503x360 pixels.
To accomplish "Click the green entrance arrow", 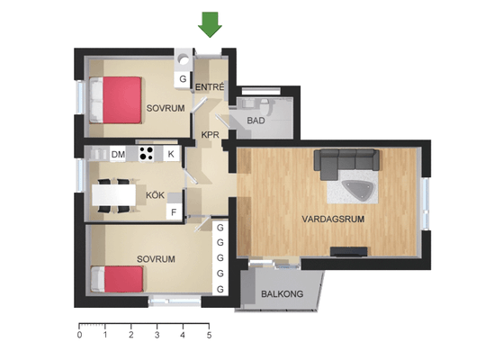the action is click(x=210, y=24).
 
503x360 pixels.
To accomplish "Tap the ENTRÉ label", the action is click(x=210, y=87).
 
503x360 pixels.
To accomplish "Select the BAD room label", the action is click(x=256, y=121).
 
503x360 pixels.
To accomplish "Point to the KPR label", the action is click(x=211, y=135).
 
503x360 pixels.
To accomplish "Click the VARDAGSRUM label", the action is click(x=333, y=219).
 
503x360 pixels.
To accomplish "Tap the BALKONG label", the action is click(x=282, y=294).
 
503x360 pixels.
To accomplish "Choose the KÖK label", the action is click(x=156, y=195).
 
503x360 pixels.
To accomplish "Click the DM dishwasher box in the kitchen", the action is click(x=118, y=154).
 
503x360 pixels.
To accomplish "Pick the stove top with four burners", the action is click(x=147, y=153).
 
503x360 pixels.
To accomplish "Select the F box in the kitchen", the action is click(x=174, y=212).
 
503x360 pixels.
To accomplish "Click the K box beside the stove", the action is click(x=171, y=154).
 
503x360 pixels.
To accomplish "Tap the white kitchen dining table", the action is click(x=114, y=195).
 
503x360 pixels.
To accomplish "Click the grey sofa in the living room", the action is click(x=346, y=162).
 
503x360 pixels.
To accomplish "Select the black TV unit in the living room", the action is click(x=349, y=252).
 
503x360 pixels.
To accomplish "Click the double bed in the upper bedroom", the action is click(x=115, y=100).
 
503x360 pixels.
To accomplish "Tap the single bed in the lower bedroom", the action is click(x=117, y=279).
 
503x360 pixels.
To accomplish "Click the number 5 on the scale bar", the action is click(x=209, y=336).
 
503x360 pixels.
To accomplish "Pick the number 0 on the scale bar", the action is click(x=79, y=336).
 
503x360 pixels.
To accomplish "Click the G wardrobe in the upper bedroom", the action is click(x=183, y=79).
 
